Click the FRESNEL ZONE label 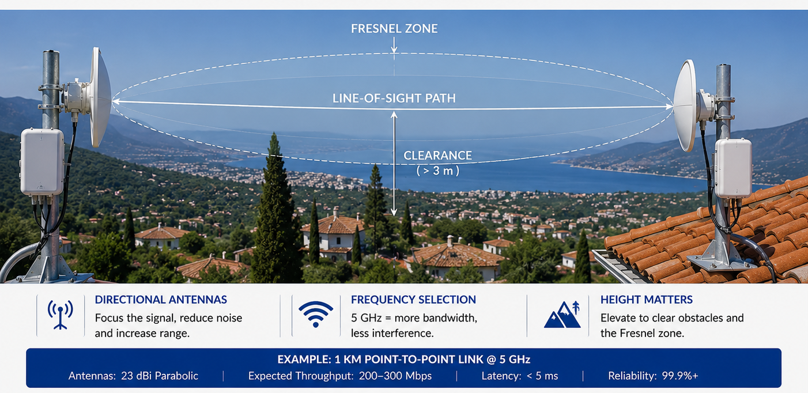(394, 29)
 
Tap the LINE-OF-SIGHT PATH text (394, 99)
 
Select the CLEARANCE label (437, 156)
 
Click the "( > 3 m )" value (438, 171)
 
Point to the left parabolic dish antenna (100, 97)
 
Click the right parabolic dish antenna (685, 105)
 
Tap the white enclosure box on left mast (42, 161)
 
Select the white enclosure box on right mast (733, 168)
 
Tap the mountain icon (562, 315)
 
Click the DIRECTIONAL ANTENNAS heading (161, 300)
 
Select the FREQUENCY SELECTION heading (413, 300)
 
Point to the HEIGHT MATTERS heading (647, 300)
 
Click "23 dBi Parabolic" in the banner (160, 376)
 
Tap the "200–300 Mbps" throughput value (395, 376)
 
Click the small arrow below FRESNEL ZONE (394, 45)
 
